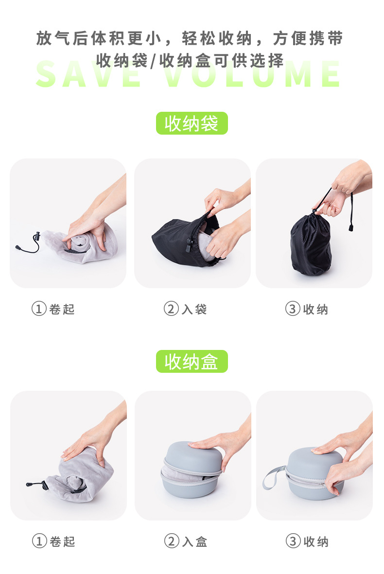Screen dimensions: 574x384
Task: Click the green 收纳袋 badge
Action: [x=192, y=123]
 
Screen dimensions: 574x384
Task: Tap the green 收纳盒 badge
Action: [x=192, y=362]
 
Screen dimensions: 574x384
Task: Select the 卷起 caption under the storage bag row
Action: [x=62, y=309]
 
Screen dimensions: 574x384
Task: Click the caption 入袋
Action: [x=194, y=309]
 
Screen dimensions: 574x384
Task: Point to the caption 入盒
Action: [x=194, y=541]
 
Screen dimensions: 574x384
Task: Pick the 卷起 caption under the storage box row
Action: [x=62, y=541]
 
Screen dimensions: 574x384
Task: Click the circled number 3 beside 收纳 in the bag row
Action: [x=292, y=309]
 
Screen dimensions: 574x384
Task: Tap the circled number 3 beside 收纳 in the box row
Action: [x=292, y=541]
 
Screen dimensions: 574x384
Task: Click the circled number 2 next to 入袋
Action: [x=171, y=309]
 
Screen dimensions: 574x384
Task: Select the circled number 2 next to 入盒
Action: [x=171, y=541]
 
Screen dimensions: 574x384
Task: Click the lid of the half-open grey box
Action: [x=192, y=455]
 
